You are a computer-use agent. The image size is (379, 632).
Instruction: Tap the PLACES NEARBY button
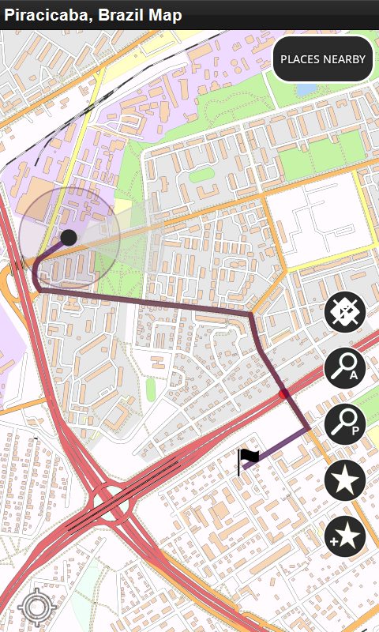(x=323, y=59)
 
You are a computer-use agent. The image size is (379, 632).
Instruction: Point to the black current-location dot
(x=69, y=237)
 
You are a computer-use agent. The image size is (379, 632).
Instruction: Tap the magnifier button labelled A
(x=345, y=367)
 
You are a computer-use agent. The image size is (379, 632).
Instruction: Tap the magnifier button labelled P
(x=345, y=424)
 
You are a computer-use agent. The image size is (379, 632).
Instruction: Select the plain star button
(x=345, y=480)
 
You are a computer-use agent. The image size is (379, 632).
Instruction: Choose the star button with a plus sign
(x=345, y=537)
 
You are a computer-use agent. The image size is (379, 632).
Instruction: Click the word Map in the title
(x=163, y=15)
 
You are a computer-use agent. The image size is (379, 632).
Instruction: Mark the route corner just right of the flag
(x=307, y=429)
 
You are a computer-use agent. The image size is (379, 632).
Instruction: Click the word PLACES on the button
(x=298, y=59)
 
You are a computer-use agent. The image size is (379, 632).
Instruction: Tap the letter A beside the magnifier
(x=355, y=375)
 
